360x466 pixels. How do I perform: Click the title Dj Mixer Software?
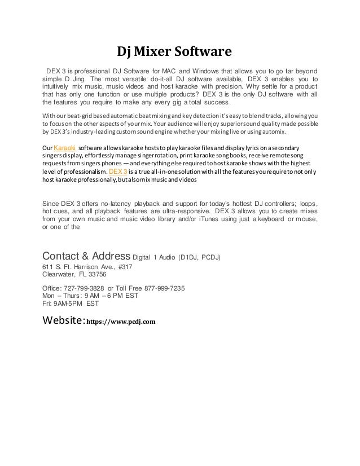[x=174, y=53]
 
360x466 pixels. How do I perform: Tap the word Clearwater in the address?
[x=60, y=275]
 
